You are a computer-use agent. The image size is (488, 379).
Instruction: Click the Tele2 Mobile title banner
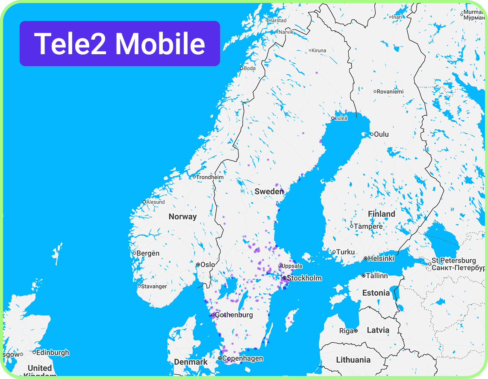120,44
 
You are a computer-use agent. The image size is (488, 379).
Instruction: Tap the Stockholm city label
304,278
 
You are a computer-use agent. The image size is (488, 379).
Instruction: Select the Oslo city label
208,265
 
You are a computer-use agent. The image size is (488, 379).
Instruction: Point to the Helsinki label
381,259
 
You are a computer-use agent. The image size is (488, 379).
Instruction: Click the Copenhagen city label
243,359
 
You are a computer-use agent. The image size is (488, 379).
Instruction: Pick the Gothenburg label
234,315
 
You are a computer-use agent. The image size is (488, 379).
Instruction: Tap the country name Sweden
269,191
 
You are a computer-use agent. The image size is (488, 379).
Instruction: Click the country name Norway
182,216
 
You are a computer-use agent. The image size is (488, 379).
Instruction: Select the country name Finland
382,214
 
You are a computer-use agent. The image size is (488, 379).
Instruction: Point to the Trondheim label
210,177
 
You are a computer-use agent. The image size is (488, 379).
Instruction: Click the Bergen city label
148,253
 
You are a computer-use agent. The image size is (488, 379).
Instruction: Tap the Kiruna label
319,50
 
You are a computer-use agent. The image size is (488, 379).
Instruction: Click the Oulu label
381,134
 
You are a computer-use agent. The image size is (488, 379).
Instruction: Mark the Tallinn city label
376,276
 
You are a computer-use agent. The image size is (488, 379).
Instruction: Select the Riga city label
346,331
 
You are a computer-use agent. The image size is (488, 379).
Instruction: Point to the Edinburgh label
53,353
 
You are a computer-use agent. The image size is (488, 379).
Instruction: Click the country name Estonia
376,293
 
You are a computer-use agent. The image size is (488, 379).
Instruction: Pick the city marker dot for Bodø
241,68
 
